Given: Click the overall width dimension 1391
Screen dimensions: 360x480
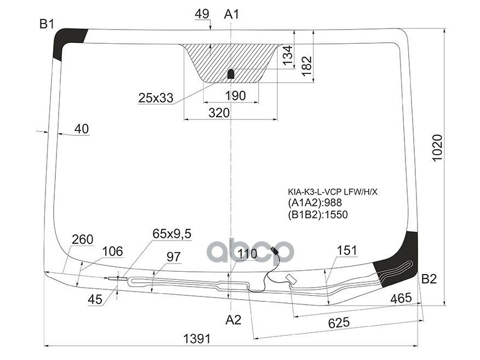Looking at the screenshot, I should point(196,339).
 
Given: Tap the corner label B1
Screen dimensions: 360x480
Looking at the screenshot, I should point(47,24).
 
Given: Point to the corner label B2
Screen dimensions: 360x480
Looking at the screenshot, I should point(429,279).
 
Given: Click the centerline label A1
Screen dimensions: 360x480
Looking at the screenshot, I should point(232,14).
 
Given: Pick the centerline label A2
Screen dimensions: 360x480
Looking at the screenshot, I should point(233,320).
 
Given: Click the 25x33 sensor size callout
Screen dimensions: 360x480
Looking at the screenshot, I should point(156,98).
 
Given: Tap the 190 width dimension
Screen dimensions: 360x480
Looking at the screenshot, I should point(235,96).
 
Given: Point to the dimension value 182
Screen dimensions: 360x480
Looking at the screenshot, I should point(306,64).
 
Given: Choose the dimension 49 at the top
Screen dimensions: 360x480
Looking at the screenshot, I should point(202,13).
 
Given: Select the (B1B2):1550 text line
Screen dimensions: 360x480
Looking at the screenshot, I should point(318,214).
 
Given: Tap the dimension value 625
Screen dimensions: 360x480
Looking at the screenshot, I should point(339,323).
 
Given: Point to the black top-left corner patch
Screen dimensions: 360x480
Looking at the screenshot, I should point(67,43).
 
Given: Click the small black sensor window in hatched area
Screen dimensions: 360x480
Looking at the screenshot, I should point(231,73).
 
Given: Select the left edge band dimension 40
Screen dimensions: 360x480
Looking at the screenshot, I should point(81,129).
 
